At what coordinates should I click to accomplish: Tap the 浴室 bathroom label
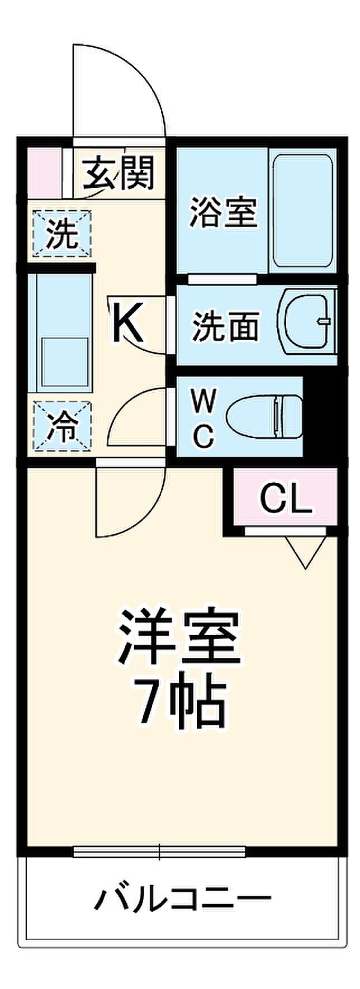(x=223, y=212)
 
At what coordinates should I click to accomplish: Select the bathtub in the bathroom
(x=303, y=212)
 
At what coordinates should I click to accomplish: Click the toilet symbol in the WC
(x=265, y=416)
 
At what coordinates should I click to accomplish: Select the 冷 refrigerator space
(x=61, y=426)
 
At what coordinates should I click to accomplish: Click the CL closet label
(x=286, y=497)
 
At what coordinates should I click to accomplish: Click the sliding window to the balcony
(x=159, y=852)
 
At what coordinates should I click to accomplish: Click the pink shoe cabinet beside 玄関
(x=42, y=172)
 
